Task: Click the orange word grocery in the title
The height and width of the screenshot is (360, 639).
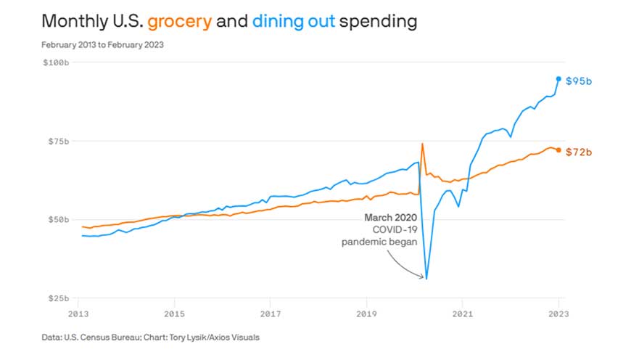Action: coord(179,22)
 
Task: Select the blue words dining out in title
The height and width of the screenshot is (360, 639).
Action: coord(294,22)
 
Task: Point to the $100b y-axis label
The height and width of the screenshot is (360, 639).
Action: coord(56,63)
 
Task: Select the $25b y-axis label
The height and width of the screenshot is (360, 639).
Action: coord(58,298)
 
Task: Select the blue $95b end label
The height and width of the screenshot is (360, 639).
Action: coord(579,81)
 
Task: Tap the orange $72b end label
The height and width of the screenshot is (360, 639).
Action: coord(579,152)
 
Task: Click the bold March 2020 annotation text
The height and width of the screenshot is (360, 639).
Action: coord(391,217)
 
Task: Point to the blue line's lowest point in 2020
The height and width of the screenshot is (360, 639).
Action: coord(426,279)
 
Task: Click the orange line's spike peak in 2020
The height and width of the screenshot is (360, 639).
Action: coord(422,144)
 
